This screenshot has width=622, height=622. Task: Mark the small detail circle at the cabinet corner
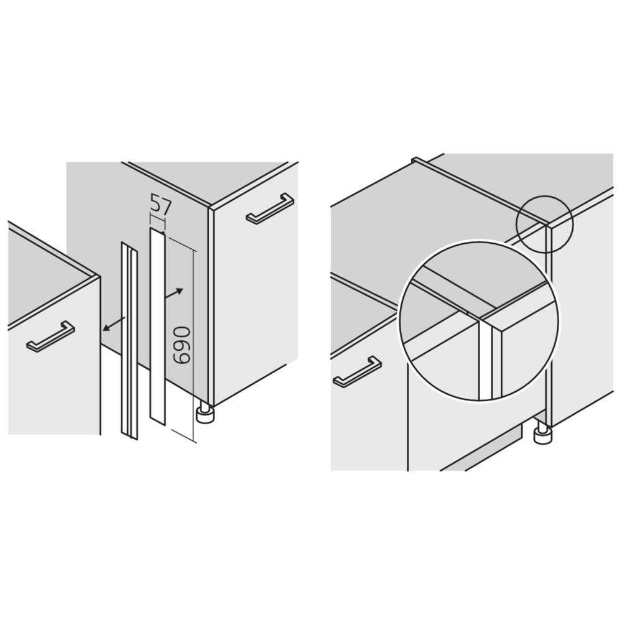pyautogui.click(x=544, y=223)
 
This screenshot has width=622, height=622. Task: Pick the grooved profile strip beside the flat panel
pyautogui.click(x=129, y=339)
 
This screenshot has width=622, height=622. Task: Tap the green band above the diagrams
pyautogui.click(x=311, y=68)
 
